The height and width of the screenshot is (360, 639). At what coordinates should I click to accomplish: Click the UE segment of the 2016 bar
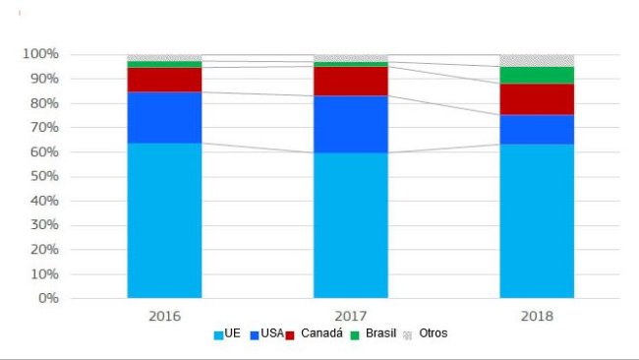(x=164, y=220)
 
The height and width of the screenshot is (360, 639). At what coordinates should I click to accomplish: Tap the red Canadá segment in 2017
(x=351, y=81)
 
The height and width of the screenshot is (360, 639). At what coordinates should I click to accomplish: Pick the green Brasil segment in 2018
(x=537, y=75)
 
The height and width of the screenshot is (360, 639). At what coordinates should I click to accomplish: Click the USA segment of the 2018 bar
(x=537, y=129)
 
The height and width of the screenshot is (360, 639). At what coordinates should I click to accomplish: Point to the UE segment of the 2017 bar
(x=351, y=225)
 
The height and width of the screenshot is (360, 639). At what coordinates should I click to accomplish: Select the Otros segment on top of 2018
(x=537, y=60)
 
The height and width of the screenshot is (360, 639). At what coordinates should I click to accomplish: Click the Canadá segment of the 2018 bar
(x=537, y=98)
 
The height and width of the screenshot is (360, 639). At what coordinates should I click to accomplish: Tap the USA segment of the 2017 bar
(x=351, y=124)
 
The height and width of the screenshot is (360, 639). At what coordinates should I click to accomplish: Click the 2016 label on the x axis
(x=164, y=316)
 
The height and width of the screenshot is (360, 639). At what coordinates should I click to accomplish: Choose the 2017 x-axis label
(x=351, y=316)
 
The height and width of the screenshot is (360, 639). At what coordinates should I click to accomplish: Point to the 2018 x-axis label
(x=537, y=316)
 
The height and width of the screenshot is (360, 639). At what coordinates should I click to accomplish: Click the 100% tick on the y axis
(x=41, y=54)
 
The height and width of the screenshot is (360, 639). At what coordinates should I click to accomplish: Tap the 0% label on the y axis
(x=48, y=298)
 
